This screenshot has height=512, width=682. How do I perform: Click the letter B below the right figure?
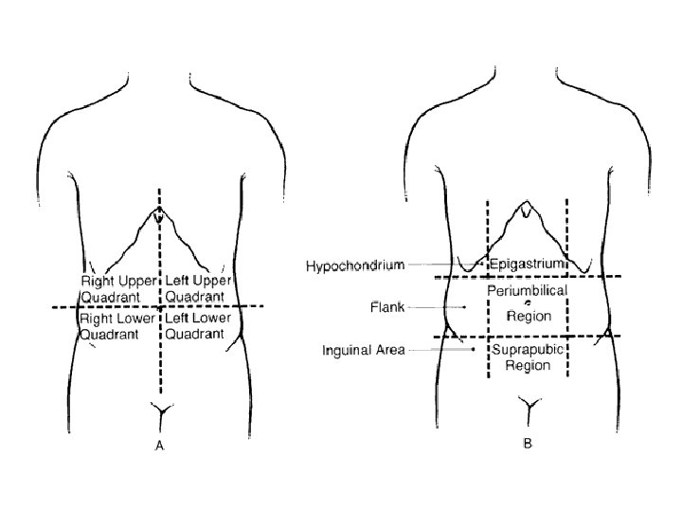[x=527, y=443]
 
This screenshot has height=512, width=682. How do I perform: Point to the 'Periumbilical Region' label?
[x=527, y=302]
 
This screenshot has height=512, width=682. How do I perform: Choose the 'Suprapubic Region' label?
[x=527, y=357]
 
